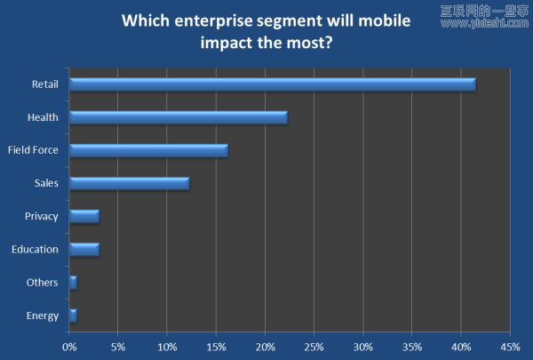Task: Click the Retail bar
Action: (x=272, y=84)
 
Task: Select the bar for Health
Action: (x=178, y=117)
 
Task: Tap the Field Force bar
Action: (x=148, y=150)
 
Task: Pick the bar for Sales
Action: (x=129, y=183)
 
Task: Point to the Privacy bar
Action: (x=84, y=216)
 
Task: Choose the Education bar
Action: (x=84, y=249)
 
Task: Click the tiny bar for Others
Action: (x=73, y=282)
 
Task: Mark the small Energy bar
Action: (x=73, y=315)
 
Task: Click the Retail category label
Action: (x=44, y=84)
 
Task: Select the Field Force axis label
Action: (x=33, y=150)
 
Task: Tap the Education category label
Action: (x=35, y=249)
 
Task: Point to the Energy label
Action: (x=42, y=316)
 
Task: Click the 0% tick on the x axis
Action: (x=69, y=346)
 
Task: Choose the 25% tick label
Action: (x=314, y=346)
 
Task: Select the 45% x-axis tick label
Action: (x=509, y=346)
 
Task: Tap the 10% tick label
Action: (x=167, y=346)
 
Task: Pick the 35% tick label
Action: (x=411, y=346)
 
